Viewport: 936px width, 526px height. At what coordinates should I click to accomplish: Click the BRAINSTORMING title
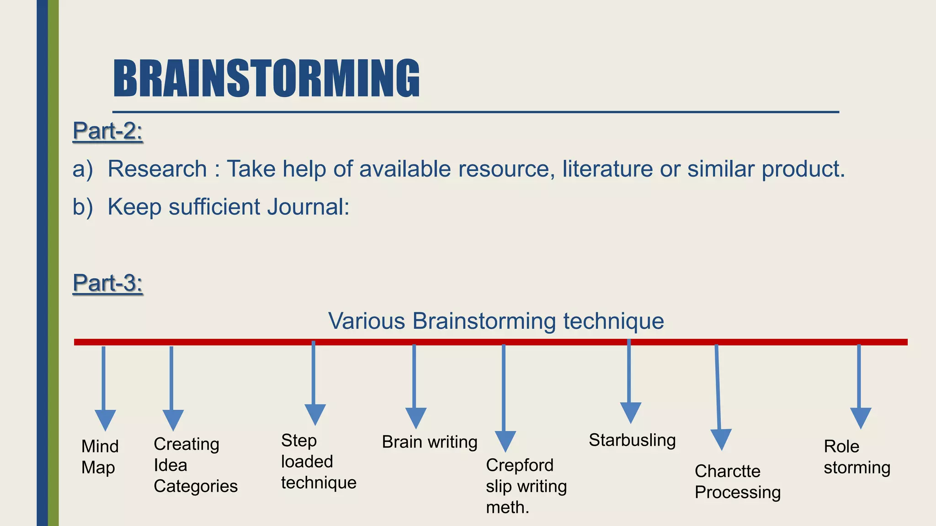pos(266,79)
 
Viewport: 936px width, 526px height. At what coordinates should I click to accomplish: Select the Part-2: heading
pos(108,131)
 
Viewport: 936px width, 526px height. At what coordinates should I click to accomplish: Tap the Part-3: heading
pos(108,283)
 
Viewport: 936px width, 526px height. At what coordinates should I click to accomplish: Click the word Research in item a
pos(157,169)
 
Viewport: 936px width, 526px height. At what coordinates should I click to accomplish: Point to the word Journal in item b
pos(308,207)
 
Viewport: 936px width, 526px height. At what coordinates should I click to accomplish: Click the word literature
pos(607,169)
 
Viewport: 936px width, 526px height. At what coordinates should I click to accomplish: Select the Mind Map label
pos(100,457)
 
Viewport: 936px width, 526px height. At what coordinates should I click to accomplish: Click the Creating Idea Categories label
pos(195,465)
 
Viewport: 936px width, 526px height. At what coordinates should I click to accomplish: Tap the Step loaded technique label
pos(318,462)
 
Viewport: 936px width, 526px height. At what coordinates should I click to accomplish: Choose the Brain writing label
pos(429,442)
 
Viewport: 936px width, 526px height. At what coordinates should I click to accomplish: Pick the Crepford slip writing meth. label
pos(526,486)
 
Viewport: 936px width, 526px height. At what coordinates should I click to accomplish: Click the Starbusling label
pos(632,440)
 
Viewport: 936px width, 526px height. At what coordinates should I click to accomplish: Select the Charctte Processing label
pos(737,482)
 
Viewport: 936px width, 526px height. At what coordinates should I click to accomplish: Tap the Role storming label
pos(856,457)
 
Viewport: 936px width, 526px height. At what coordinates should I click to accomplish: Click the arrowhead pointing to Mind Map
pos(105,419)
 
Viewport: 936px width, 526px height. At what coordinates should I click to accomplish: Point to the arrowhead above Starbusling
pos(631,412)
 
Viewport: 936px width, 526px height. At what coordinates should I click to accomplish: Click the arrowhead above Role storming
pos(861,417)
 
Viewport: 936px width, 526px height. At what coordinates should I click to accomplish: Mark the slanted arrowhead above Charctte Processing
pos(721,438)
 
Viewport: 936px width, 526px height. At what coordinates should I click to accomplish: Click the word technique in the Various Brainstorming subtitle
pos(613,321)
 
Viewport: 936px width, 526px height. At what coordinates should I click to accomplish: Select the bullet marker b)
pos(83,207)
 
